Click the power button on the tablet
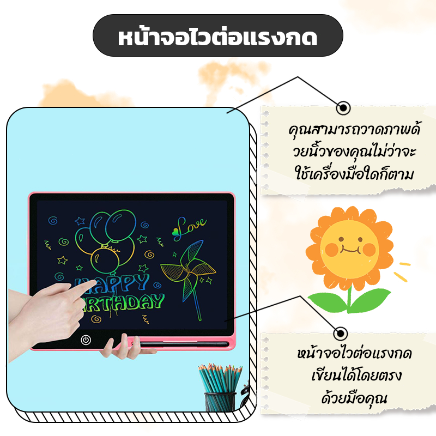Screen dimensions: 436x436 tap(86, 340)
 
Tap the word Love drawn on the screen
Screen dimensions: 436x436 tap(190, 227)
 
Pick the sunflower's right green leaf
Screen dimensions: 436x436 tap(370, 300)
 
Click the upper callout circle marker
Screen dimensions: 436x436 tap(343, 107)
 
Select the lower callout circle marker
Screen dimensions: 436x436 tap(341, 333)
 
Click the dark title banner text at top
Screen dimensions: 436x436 tap(217, 38)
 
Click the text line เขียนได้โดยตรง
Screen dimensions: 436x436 tap(356, 376)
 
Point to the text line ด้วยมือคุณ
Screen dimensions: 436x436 tap(354, 398)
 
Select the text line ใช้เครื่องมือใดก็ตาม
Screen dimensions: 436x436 tap(354, 174)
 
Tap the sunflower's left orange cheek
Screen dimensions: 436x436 tap(332, 250)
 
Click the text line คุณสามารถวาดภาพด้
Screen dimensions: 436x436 tap(354, 130)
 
